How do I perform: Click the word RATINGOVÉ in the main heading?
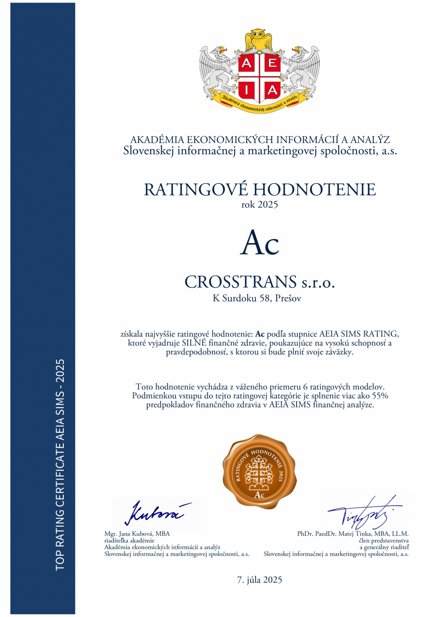[x=196, y=190]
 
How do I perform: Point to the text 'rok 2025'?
[x=260, y=205]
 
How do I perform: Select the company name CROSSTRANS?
[x=241, y=282]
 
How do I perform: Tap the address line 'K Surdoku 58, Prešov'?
[x=257, y=298]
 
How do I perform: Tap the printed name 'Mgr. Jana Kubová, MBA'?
[x=137, y=534]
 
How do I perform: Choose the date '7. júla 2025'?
[x=260, y=580]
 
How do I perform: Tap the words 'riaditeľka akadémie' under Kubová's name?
[x=129, y=540]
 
